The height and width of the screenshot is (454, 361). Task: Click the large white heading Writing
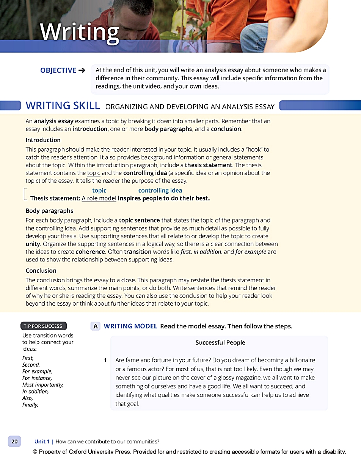click(79, 33)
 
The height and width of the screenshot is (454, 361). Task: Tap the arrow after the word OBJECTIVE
click(82, 70)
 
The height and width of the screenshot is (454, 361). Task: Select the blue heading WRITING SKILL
click(63, 106)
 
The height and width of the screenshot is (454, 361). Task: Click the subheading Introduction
click(43, 140)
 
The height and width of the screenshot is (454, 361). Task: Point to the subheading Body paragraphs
click(49, 211)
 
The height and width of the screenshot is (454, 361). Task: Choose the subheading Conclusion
click(41, 271)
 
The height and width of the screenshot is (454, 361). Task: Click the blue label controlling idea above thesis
click(160, 191)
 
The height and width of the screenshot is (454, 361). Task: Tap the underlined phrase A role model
click(99, 198)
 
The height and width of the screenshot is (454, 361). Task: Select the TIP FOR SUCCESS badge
click(43, 326)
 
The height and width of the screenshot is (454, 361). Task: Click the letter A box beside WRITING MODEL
click(96, 326)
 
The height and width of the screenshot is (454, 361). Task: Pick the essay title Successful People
click(220, 342)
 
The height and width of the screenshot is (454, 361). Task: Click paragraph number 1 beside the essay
click(105, 360)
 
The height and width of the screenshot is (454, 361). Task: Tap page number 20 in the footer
click(14, 441)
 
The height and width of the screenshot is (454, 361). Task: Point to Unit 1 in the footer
click(42, 442)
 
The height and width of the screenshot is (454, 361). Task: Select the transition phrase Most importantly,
click(43, 385)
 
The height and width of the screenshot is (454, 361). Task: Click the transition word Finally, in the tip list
click(30, 405)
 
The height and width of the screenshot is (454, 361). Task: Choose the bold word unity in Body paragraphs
click(33, 244)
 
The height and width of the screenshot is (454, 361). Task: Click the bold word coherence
click(90, 252)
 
